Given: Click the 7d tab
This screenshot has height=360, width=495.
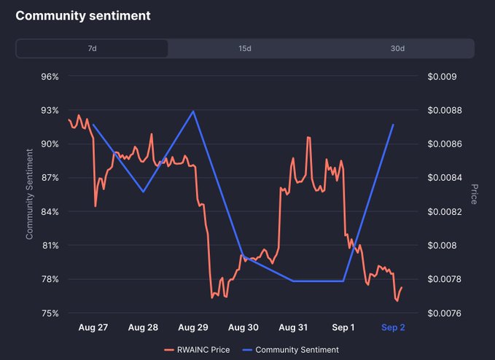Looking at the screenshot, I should (x=92, y=49).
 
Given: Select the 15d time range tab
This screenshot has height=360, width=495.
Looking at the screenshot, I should (x=245, y=49).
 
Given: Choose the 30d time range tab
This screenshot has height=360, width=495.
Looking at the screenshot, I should (x=397, y=49).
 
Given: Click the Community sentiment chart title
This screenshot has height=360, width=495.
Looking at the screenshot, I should (x=83, y=15).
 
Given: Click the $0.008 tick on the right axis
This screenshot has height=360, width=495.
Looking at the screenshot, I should (x=442, y=246).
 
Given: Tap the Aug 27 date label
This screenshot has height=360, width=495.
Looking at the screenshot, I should (x=93, y=328).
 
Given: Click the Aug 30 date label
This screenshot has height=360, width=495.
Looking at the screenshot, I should (x=243, y=328).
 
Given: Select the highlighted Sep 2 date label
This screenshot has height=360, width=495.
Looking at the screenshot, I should (x=393, y=328).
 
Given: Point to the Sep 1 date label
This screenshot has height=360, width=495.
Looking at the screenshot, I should (x=343, y=328).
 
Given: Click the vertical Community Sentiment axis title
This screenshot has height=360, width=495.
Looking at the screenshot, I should (x=30, y=194).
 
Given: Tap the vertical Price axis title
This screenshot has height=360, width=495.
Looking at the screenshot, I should (x=474, y=194).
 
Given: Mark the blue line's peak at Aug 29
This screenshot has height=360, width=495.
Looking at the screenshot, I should (x=193, y=111).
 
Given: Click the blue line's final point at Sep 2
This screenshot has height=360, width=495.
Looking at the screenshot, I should (x=394, y=125).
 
